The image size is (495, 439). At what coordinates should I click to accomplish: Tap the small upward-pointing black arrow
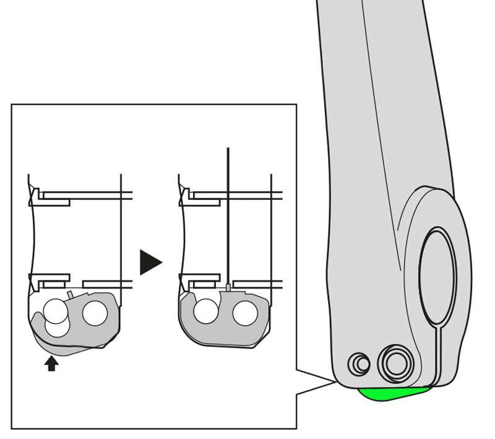coord(51,363)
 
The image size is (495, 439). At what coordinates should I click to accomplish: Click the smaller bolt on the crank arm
coord(359,364)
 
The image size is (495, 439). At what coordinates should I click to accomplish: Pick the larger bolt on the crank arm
coord(396,363)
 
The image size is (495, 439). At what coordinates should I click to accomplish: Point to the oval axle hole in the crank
coord(437,276)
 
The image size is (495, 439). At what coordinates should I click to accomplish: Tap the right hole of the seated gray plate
coord(245,313)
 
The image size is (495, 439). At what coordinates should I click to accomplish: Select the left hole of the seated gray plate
coord(205,311)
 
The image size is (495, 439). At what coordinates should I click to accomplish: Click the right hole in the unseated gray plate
coord(95,313)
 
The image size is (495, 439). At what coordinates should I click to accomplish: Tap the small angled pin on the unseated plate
coord(70,294)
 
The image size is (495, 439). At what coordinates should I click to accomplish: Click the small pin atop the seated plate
coord(228,287)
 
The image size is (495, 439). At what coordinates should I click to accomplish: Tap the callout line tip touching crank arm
coord(337,382)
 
